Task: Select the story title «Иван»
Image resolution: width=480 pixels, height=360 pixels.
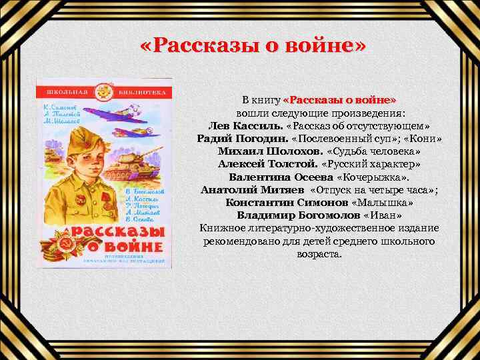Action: click(383, 215)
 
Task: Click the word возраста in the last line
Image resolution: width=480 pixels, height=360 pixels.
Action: click(319, 254)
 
